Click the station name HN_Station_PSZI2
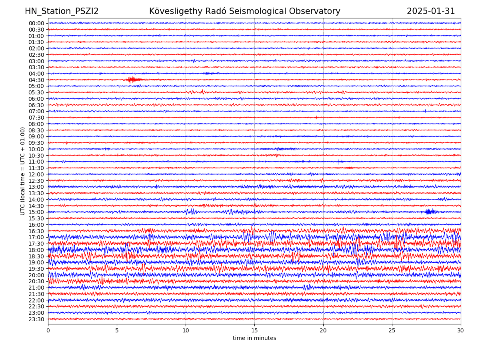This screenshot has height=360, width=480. point(62,11)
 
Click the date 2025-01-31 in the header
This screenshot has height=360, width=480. point(431,11)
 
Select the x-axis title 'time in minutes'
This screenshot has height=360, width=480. point(254,338)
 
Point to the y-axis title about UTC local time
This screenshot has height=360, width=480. point(23,171)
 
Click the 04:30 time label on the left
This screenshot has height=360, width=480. point(36,80)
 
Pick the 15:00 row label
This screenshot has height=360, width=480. point(36,212)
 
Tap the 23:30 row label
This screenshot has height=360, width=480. point(36,319)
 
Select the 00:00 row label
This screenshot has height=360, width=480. point(36,23)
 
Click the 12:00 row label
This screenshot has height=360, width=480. point(36,174)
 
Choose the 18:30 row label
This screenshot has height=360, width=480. point(36,256)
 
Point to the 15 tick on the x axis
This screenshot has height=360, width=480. point(254,331)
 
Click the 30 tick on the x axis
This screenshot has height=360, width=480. point(461,331)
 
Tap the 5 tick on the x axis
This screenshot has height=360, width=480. point(117,331)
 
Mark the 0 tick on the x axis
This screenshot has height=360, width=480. point(48,331)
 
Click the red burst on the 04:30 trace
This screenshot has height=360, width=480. point(131,80)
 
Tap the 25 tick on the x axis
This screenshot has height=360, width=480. point(392,331)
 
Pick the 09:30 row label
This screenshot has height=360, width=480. point(36,143)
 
